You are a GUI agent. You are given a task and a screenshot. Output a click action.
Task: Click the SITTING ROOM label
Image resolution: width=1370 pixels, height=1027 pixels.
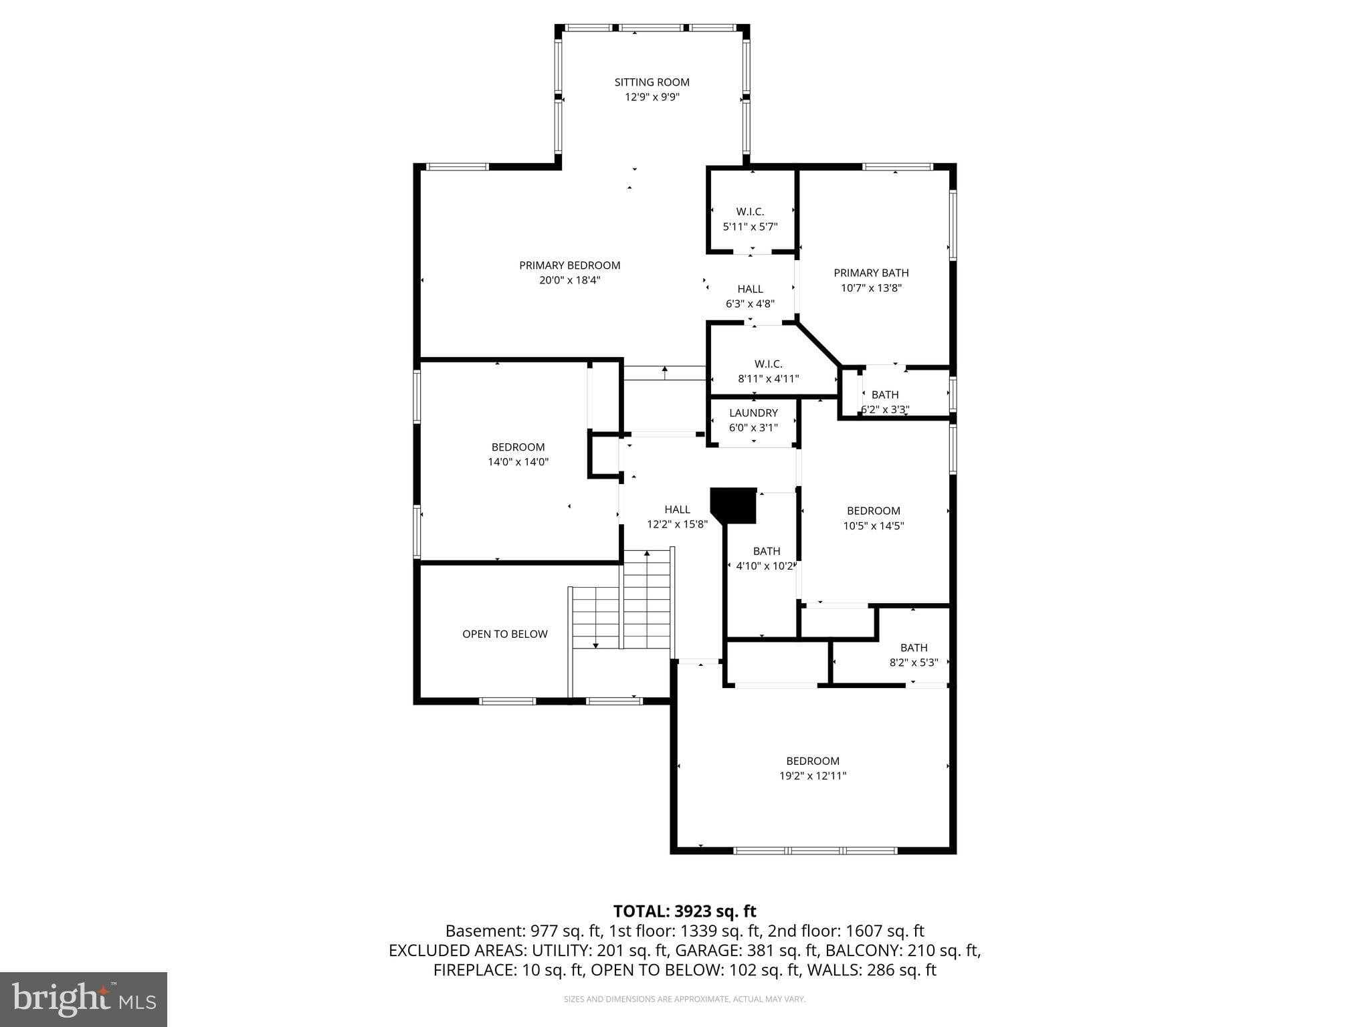(x=652, y=82)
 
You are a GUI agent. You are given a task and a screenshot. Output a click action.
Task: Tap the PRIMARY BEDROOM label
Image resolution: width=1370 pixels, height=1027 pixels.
(x=569, y=265)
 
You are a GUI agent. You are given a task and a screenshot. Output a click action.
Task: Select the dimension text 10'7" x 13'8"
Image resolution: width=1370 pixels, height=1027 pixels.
(x=871, y=288)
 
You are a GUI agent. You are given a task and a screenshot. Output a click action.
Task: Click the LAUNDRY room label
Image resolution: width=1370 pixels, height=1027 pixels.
(x=753, y=413)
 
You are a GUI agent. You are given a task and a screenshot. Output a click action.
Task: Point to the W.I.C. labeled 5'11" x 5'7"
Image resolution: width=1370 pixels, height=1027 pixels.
(x=750, y=212)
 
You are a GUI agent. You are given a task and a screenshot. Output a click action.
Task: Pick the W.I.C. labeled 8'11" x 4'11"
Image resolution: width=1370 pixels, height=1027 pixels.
(x=768, y=364)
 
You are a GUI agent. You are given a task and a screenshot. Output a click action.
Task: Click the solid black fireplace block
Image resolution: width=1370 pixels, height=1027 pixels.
(x=735, y=505)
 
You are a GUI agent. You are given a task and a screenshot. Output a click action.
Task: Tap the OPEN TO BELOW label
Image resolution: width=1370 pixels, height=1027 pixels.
(x=504, y=634)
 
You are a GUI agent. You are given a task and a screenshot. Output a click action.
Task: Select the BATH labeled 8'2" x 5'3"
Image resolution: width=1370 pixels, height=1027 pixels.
(x=913, y=648)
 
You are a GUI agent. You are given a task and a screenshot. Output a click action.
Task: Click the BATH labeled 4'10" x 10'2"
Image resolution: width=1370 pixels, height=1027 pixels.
(x=766, y=552)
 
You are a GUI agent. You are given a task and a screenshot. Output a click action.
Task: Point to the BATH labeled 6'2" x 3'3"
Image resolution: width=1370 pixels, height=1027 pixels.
(x=884, y=395)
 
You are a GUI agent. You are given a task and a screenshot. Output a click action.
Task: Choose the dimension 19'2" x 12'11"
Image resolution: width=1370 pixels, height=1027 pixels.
(x=813, y=776)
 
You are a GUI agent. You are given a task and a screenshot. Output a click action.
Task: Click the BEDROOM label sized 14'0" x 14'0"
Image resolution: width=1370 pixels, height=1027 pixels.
(x=518, y=447)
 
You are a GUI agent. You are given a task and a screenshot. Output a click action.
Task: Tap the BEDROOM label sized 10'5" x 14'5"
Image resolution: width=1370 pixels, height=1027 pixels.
(x=873, y=511)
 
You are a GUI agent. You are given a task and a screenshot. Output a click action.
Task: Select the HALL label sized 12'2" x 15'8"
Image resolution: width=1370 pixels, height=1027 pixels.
(x=677, y=509)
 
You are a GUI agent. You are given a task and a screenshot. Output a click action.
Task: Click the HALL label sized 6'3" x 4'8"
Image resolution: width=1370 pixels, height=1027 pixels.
(x=750, y=289)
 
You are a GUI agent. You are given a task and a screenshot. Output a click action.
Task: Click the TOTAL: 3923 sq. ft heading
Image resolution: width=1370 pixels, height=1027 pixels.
(x=684, y=911)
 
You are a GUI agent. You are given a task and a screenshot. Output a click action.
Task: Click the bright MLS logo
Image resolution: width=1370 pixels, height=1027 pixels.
(x=84, y=1000)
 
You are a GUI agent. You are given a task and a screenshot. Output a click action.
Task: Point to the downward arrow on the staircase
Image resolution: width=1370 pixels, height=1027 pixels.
(x=595, y=645)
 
